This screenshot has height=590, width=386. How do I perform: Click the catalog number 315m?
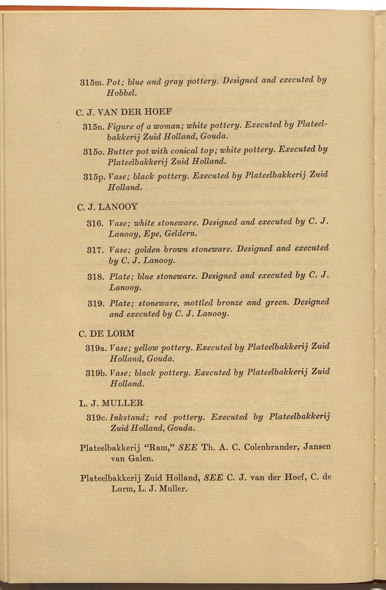93,83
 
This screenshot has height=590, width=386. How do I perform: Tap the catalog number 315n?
93,126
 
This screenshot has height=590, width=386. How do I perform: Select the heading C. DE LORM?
107,333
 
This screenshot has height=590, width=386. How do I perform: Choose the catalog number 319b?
96,373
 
